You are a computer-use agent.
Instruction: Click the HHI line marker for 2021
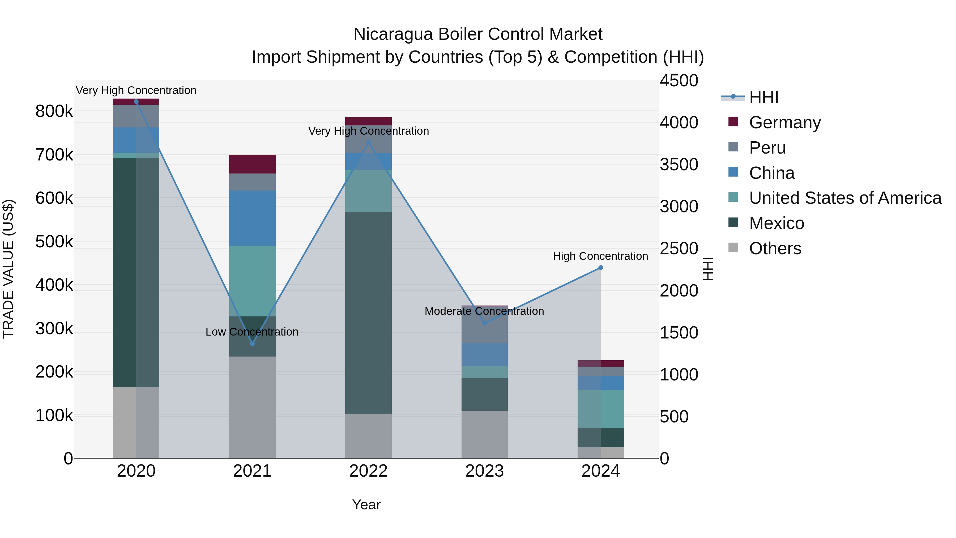252,344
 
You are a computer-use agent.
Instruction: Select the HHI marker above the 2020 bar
136,102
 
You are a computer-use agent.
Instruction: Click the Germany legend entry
785,122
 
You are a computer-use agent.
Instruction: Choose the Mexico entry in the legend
776,223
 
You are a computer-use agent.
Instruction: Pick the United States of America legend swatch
733,197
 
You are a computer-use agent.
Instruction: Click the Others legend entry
775,248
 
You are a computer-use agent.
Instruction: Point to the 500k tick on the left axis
54,242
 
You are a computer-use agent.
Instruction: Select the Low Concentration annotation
252,332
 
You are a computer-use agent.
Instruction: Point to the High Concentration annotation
600,256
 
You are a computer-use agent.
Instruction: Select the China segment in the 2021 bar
252,218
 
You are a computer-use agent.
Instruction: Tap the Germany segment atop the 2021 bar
252,164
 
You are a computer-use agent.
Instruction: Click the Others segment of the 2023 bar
484,434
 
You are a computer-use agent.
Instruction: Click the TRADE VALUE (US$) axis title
8,269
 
